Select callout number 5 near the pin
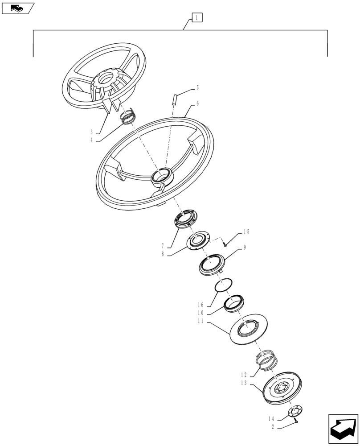point(198,88)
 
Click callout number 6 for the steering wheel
point(197,103)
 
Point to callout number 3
point(91,132)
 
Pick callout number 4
point(91,140)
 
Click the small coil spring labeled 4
point(128,117)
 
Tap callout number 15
point(246,232)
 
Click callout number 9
point(245,247)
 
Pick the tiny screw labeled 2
point(295,421)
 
